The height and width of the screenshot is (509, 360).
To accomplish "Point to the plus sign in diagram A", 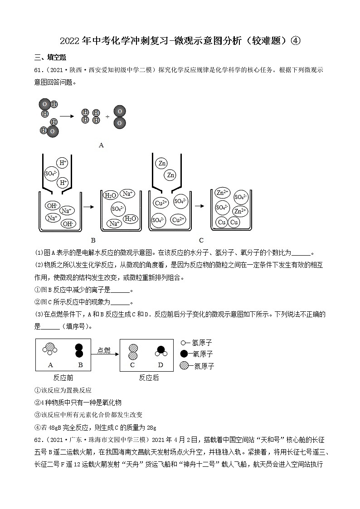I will click(107, 116).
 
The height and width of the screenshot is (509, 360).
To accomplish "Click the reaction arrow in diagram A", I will click(67, 116).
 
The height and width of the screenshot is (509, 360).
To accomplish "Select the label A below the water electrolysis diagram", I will click(101, 145).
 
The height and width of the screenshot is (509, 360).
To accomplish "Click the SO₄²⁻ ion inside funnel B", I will click(50, 173).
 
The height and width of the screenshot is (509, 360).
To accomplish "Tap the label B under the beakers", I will click(93, 240).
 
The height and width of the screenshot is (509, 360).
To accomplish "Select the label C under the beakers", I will click(201, 240).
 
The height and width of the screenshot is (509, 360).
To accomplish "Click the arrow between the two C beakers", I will click(199, 206).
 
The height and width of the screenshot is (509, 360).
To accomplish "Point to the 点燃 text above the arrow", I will click(104, 350).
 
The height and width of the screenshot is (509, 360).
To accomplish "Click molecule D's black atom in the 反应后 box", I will click(160, 350).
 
